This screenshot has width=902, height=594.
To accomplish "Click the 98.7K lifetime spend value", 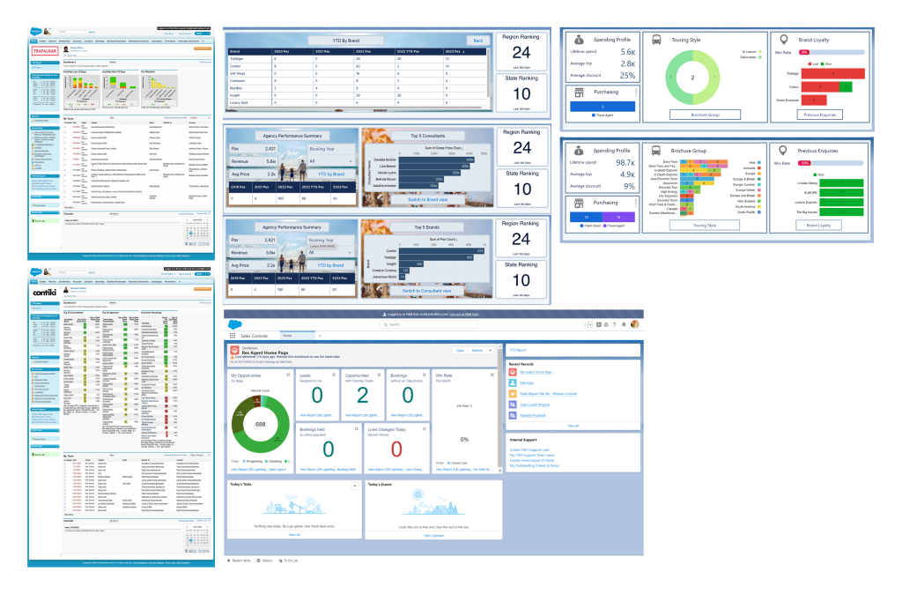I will [625, 164].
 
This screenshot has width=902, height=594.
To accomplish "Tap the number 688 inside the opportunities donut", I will [261, 424].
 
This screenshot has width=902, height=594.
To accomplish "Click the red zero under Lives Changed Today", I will [396, 449].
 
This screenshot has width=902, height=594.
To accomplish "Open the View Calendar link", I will [433, 535].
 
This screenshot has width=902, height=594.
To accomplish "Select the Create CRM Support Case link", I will [534, 449].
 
